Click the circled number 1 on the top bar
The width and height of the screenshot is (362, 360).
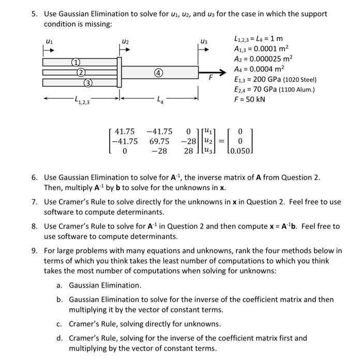tap(74, 62)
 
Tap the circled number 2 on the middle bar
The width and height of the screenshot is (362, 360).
tap(81, 72)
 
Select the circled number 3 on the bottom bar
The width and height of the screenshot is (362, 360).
tap(88, 82)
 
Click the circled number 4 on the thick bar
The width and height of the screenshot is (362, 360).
tap(159, 72)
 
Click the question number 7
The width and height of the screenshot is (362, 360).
tap(34, 201)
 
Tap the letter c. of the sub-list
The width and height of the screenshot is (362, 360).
tap(59, 324)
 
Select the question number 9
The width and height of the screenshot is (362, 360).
tap(34, 251)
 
